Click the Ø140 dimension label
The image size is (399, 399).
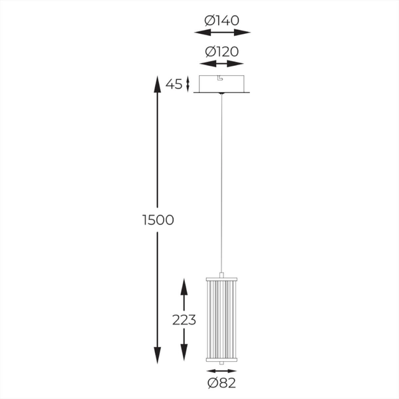coord(221,20)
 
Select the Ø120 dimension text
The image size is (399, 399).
coord(221,51)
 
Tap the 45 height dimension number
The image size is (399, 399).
coord(174,84)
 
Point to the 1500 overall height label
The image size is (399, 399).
coord(158,220)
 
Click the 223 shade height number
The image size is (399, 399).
coord(183,320)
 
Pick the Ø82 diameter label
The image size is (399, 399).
coord(222,382)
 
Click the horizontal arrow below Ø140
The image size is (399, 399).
coord(222,33)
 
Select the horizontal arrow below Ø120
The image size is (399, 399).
coord(222,64)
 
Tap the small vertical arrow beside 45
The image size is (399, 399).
coord(188,84)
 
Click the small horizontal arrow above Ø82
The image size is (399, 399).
coord(222,370)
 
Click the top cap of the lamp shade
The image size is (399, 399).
coord(222,275)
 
